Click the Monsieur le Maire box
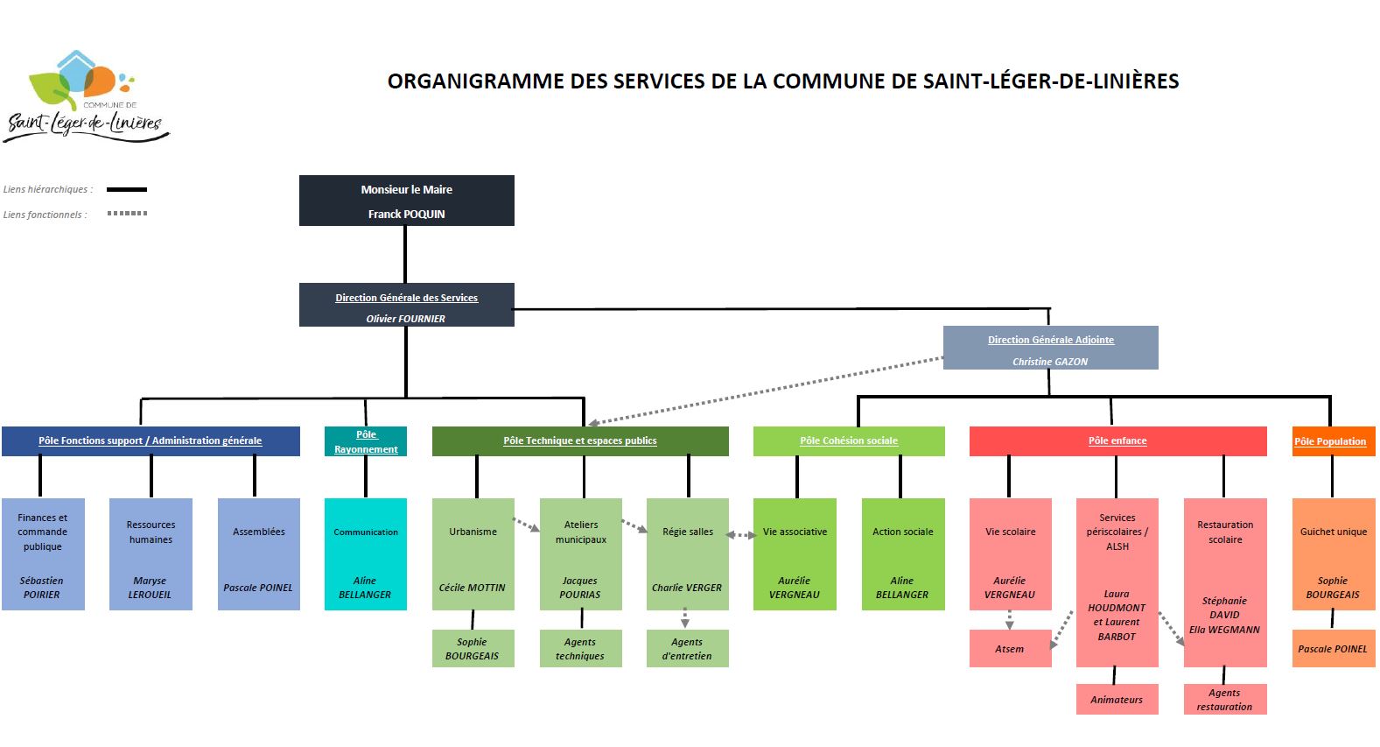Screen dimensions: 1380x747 407,201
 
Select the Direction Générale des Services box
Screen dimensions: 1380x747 407,305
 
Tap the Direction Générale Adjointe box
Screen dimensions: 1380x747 1050,348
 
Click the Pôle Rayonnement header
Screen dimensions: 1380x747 365,441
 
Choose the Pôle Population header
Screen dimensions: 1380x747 1333,441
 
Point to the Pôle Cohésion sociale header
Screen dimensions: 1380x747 849,441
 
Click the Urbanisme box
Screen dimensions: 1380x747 473,554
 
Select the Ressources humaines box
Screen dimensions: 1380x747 151,554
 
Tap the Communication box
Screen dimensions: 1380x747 365,554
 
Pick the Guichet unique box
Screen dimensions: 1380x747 1333,554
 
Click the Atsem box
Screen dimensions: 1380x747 1011,648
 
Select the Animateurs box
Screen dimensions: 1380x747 1117,700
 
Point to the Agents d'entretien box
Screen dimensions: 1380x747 688,648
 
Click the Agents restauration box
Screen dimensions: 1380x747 1225,700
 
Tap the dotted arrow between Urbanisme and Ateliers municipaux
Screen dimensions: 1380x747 527,525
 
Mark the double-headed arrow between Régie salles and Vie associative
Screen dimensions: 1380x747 741,535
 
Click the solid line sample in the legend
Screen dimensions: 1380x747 127,189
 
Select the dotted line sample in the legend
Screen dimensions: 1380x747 127,214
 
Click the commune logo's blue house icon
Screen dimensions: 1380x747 76,72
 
